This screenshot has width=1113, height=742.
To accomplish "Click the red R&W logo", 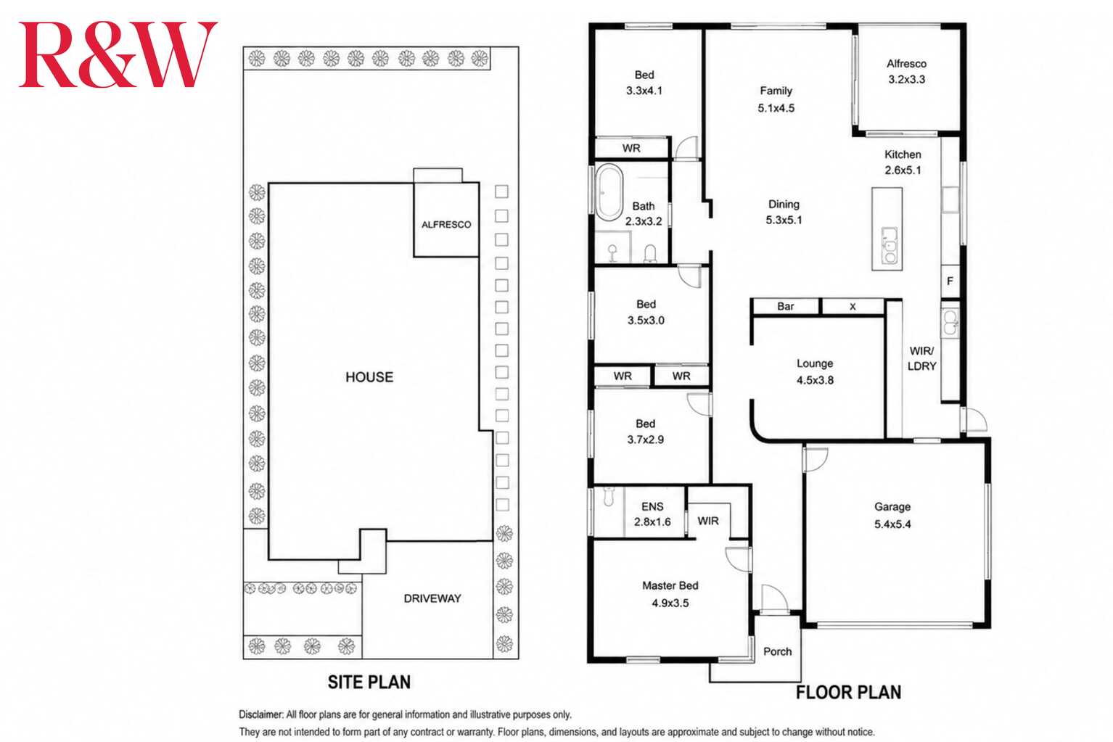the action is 118,54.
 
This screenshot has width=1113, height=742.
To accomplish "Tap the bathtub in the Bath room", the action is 609,192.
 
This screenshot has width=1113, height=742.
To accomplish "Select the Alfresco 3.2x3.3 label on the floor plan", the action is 906,72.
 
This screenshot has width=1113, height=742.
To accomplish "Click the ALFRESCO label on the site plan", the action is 446,225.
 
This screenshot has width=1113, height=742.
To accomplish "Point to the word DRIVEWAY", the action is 432,598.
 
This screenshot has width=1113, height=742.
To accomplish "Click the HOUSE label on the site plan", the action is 369,377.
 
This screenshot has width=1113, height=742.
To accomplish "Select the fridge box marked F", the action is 950,281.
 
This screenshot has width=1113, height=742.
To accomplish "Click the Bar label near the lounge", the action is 786,306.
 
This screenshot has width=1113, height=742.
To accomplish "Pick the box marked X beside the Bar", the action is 853,306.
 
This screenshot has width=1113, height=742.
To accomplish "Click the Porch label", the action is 777,651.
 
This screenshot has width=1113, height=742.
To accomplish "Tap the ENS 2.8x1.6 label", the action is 652,514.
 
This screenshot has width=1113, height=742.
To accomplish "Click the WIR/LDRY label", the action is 921,358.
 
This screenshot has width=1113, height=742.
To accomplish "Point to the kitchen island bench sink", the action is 890,245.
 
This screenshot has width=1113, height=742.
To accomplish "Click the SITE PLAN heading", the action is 369,682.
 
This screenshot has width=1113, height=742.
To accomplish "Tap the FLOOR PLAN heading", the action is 848,693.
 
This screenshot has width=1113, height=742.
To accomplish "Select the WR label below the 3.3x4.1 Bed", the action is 631,148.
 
